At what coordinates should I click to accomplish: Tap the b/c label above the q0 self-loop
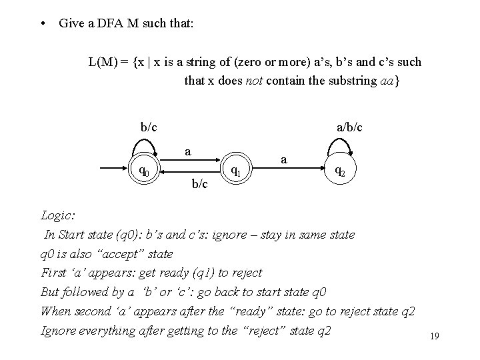149,126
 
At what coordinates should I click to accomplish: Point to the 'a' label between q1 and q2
285,159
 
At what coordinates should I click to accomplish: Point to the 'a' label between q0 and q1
189,151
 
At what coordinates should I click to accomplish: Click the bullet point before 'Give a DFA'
43,23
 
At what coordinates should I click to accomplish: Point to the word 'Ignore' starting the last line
59,331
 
